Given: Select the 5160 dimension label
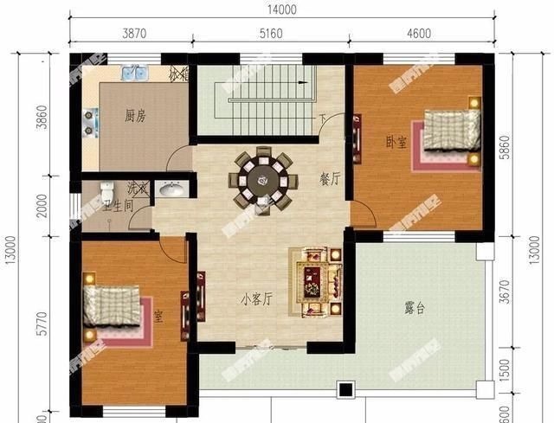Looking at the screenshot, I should pyautogui.click(x=271, y=34).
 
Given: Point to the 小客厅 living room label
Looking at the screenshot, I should pyautogui.click(x=257, y=299).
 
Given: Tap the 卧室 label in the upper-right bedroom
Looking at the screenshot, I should pyautogui.click(x=396, y=142).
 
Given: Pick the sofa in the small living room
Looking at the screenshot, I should pyautogui.click(x=319, y=279).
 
